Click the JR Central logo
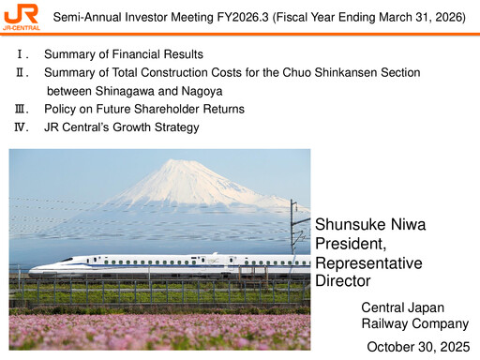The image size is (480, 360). click(x=21, y=16)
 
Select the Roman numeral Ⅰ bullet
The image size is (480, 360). click(x=20, y=55)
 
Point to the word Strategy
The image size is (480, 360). click(x=175, y=127)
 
